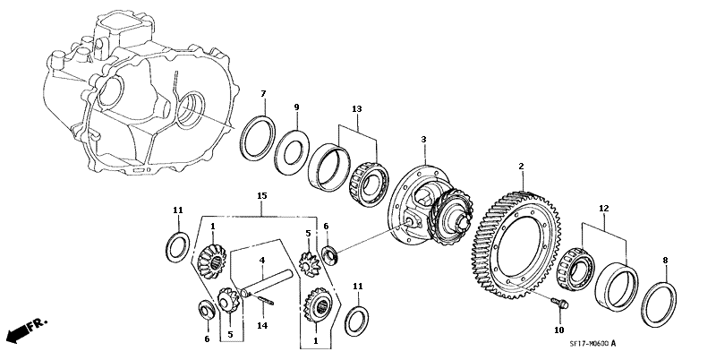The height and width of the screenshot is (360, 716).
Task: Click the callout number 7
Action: coord(263,94)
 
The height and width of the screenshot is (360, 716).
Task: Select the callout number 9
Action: coord(296,107)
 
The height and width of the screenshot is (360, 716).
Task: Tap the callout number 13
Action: coord(356,108)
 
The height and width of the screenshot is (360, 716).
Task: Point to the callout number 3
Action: coord(423,139)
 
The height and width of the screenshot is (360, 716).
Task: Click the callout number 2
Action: coord(521,167)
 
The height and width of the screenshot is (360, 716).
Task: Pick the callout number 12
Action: coord(603,209)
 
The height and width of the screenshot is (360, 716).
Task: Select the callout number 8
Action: coord(665,261)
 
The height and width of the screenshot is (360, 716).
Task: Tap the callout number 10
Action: coord(559,330)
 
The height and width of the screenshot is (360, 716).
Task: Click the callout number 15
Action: coord(261,196)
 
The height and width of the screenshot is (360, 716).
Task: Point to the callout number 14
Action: coord(261,325)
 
